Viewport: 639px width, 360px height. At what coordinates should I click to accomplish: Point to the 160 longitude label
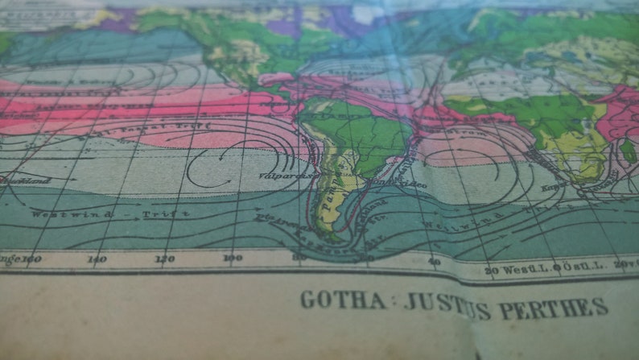(31, 259)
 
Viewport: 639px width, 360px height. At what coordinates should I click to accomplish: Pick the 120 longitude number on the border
(164, 259)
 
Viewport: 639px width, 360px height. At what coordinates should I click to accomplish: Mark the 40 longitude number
(434, 263)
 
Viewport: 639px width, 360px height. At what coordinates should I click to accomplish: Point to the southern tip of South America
(330, 239)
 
